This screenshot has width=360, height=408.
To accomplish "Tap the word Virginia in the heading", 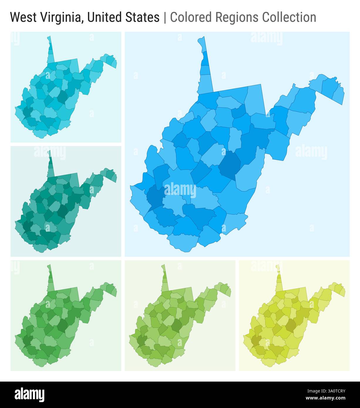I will (58, 18).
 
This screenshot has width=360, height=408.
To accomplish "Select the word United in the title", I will (104, 18).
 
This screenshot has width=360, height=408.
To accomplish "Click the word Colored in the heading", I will (191, 18).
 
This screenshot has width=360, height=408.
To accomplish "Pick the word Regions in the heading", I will (237, 18).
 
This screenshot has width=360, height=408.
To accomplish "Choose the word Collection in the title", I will (289, 18).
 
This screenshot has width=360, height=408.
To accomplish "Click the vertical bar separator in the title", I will (165, 18).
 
